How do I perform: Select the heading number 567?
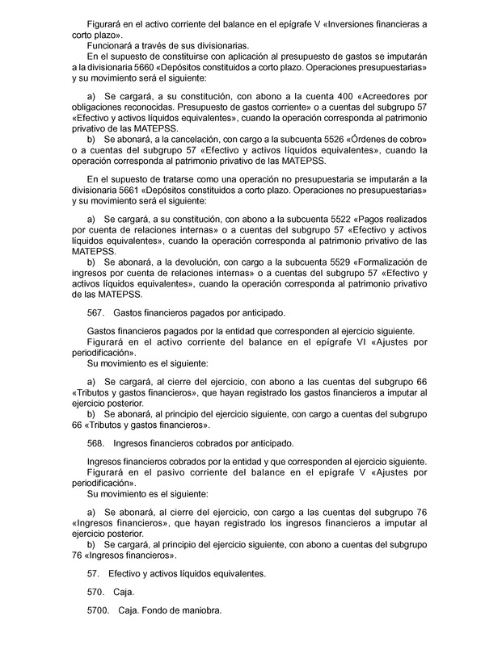pos(95,314)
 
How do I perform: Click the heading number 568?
pos(95,443)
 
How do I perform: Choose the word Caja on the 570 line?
pos(124,593)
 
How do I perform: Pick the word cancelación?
pos(183,139)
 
